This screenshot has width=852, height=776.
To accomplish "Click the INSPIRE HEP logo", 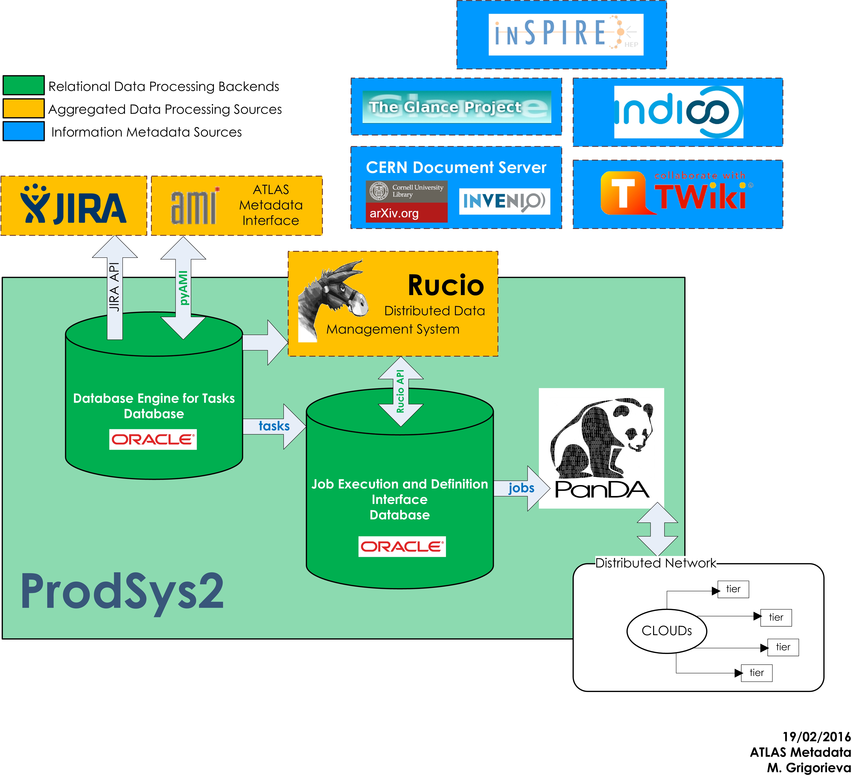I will point(565,34).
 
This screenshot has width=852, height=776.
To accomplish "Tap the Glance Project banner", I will point(456,107).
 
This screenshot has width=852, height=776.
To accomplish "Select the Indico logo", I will point(678,112).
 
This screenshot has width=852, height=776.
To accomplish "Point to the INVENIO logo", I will point(504,201).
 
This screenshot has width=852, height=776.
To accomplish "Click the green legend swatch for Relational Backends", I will point(24,85).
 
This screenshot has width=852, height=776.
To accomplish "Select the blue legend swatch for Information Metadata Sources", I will point(24,131).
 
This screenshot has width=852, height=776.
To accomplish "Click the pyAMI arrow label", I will point(183,288).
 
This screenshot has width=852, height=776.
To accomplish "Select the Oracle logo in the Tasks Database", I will point(153,440).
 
